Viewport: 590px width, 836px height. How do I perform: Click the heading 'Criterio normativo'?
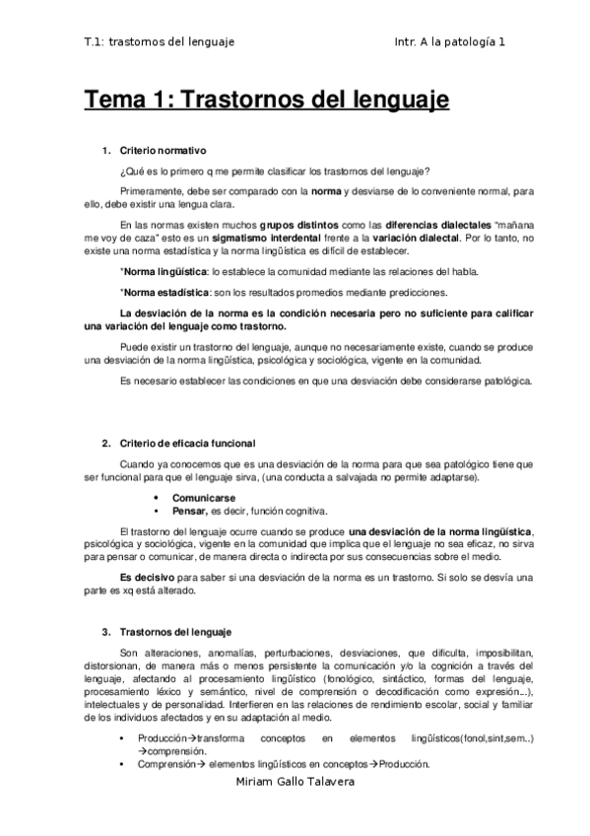(163, 151)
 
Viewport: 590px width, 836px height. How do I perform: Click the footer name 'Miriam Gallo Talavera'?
(294, 781)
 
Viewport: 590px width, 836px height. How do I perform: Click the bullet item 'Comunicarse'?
(203, 498)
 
